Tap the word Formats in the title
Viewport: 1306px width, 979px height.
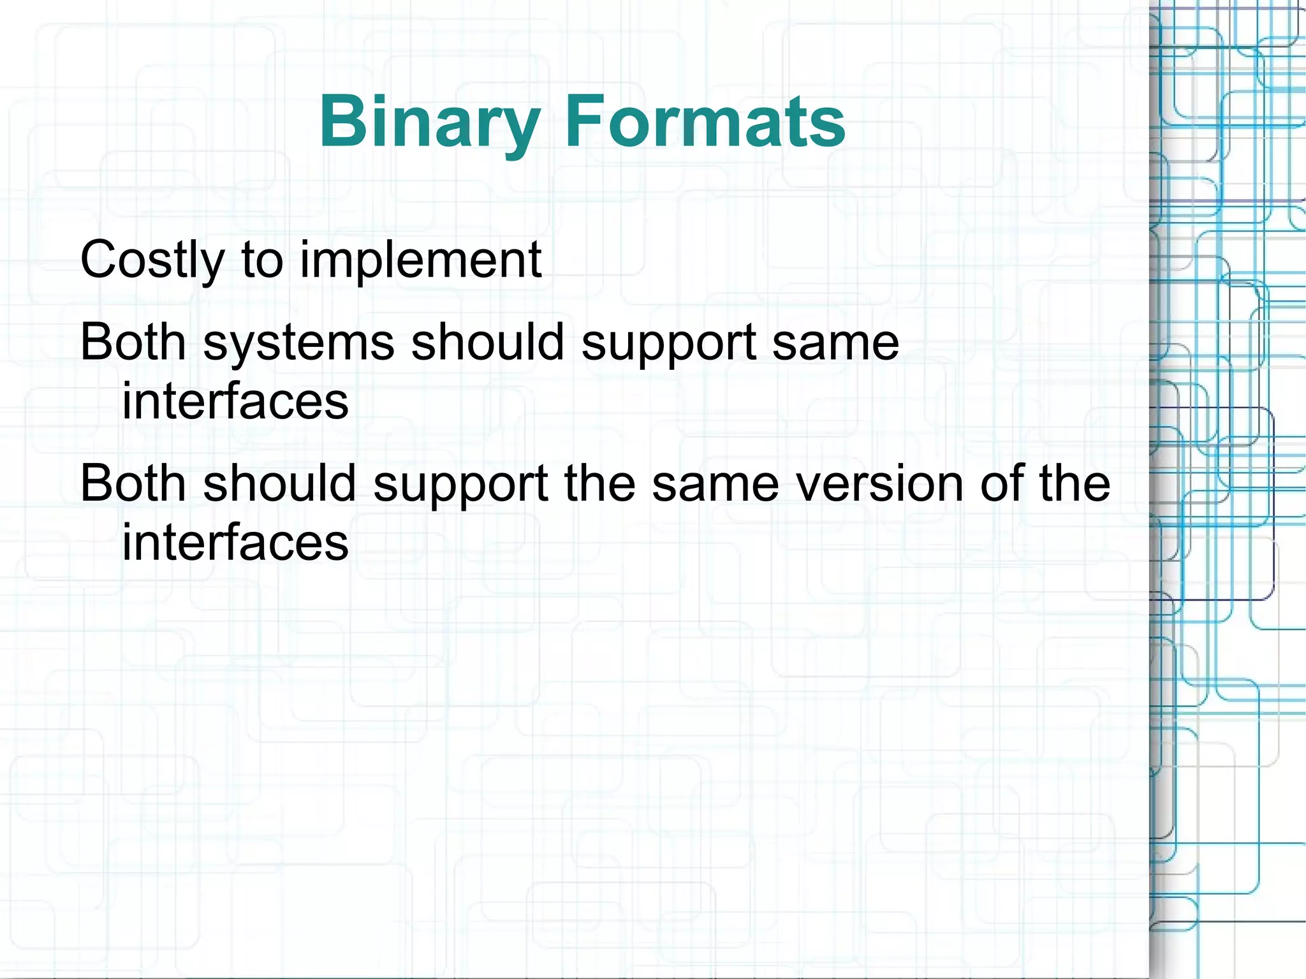705,121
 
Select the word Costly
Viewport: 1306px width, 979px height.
152,260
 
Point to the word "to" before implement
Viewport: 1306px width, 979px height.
262,260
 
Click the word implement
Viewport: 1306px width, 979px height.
420,260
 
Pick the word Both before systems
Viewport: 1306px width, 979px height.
133,342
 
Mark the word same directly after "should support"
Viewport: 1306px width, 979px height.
835,343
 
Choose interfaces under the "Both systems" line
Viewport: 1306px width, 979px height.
235,401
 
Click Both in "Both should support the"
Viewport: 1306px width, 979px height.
133,483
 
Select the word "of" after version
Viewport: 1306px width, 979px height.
1001,483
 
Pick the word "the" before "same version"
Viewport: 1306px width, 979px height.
599,483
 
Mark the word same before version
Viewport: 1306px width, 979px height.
715,483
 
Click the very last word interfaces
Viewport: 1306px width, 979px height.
235,542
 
